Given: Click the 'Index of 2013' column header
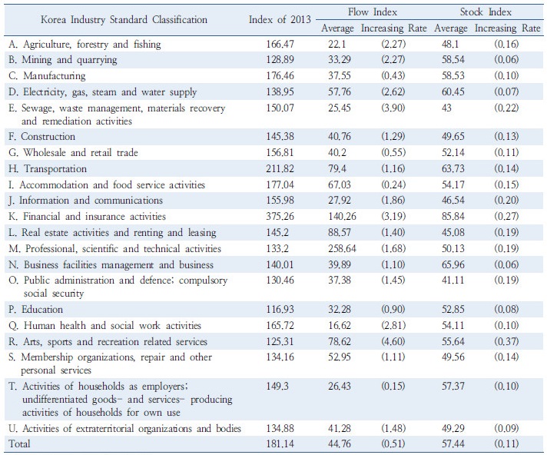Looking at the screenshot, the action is (280, 19).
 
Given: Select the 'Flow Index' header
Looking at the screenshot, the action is (373, 12).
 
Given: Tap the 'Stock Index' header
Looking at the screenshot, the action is (486, 12).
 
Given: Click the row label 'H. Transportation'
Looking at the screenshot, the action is (48, 169).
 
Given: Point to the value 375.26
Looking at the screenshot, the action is (280, 216).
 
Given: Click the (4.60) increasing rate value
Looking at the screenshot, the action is (393, 341).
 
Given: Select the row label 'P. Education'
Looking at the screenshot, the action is (35, 310).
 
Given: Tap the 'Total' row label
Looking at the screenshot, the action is (19, 443).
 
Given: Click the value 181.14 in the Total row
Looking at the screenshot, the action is (280, 443).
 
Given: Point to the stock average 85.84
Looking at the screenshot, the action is (453, 216).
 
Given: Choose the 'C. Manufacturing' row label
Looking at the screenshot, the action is (47, 76).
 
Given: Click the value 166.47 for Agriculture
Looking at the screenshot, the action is (280, 45).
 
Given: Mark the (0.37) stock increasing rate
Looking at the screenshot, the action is (506, 341).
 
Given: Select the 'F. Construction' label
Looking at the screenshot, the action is (41, 137).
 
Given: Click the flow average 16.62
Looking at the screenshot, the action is (340, 326).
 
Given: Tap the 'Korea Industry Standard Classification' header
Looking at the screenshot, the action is (124, 19).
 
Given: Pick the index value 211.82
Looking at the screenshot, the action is (280, 169).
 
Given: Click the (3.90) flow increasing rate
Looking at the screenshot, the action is (393, 108).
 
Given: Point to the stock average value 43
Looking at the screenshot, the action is (446, 108).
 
